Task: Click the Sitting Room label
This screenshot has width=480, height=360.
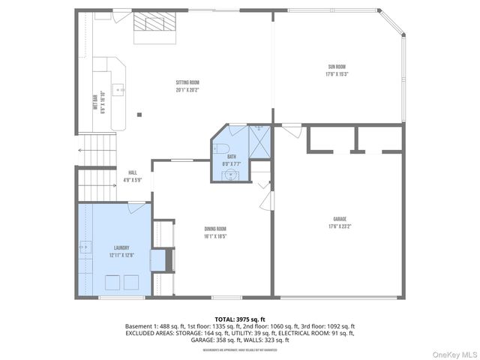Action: [x=187, y=82]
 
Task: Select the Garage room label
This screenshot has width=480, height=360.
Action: [x=338, y=219]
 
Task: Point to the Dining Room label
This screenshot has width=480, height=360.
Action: [x=215, y=229]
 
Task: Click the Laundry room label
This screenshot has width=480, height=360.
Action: [x=121, y=247]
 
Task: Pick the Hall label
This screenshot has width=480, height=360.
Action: [x=132, y=172]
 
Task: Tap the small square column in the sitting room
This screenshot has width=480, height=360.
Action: [x=139, y=115]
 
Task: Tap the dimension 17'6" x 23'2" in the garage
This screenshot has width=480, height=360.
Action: [x=338, y=226]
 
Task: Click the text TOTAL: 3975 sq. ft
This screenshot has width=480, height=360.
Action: [x=239, y=319]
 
